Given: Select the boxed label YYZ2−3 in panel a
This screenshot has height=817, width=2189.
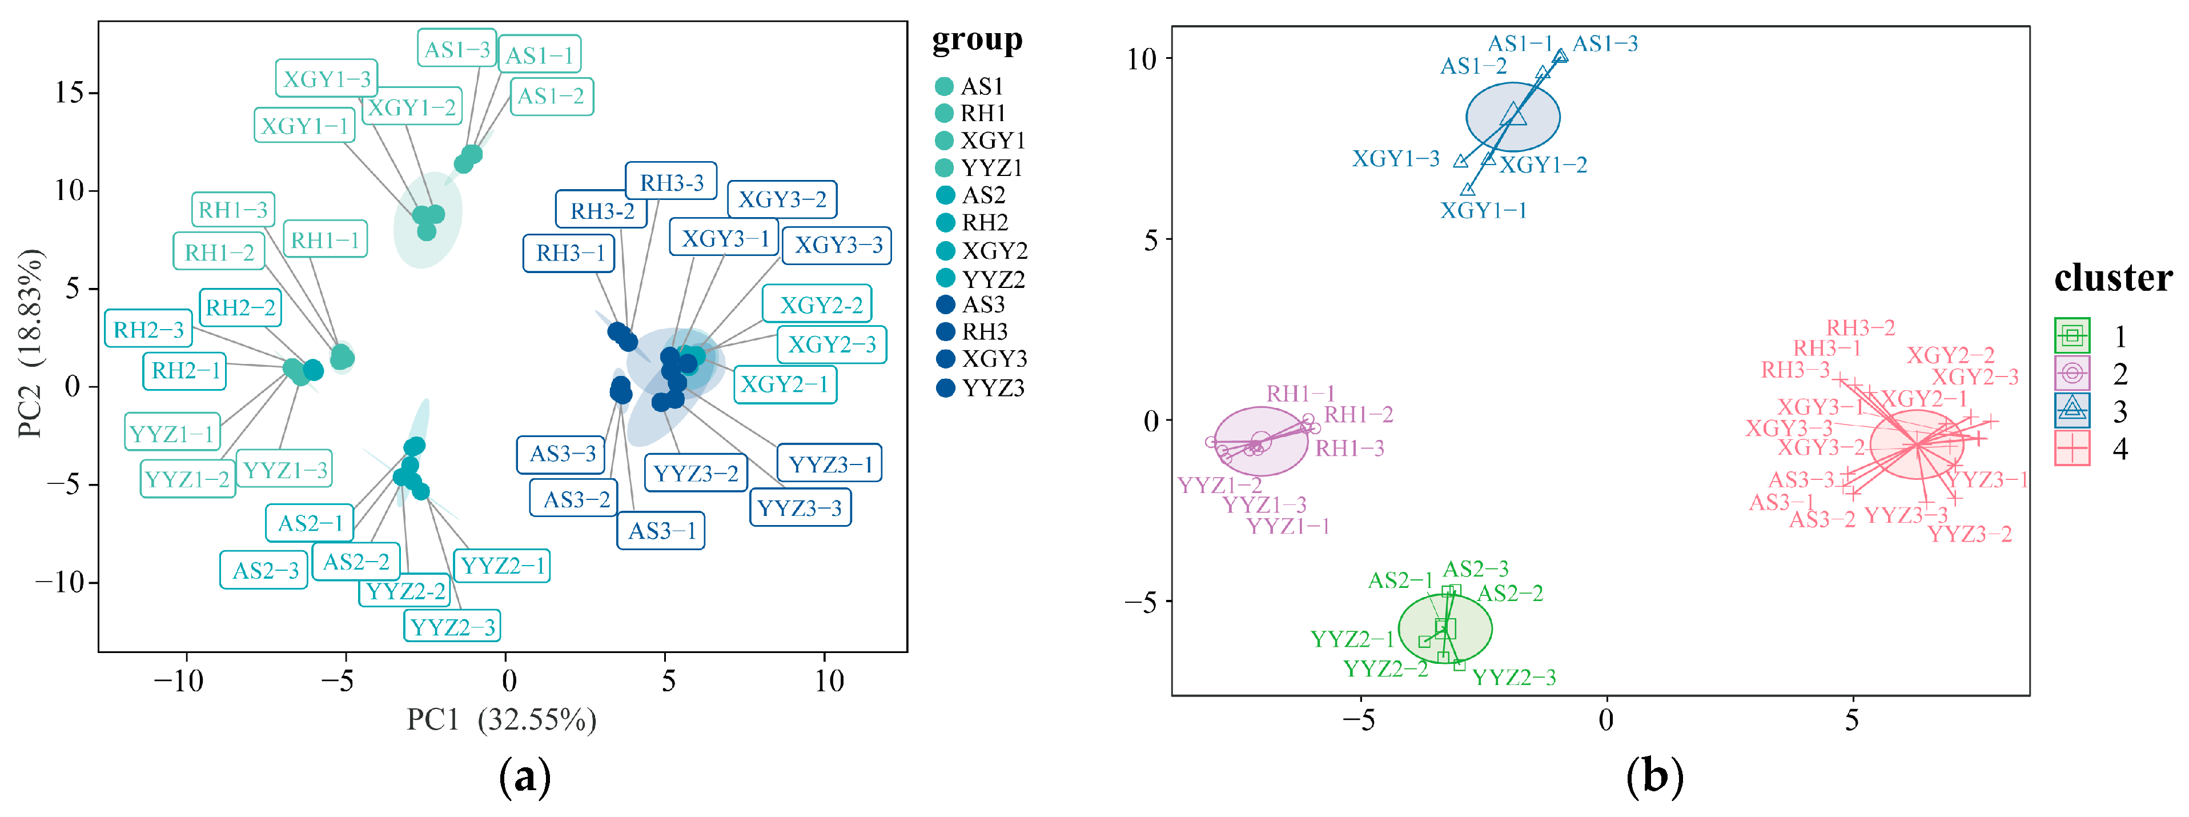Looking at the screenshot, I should point(451,627).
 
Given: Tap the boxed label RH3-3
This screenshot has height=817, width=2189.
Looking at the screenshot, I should point(671,182).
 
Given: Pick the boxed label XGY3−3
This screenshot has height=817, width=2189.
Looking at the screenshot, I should point(837,245).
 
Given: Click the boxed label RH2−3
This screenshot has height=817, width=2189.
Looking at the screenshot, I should point(148,329).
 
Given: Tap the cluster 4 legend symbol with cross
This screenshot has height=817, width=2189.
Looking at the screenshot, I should point(2072,448).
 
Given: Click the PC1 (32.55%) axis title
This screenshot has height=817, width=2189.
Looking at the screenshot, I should point(501,720).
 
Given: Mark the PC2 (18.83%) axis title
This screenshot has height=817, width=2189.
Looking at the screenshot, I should point(30,343).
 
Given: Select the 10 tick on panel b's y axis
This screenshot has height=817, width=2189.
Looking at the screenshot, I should point(1141,59).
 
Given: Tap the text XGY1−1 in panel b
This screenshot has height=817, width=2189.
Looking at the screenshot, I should point(1483,210).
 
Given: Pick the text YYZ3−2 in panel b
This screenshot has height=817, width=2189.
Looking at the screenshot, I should point(1969,534).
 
